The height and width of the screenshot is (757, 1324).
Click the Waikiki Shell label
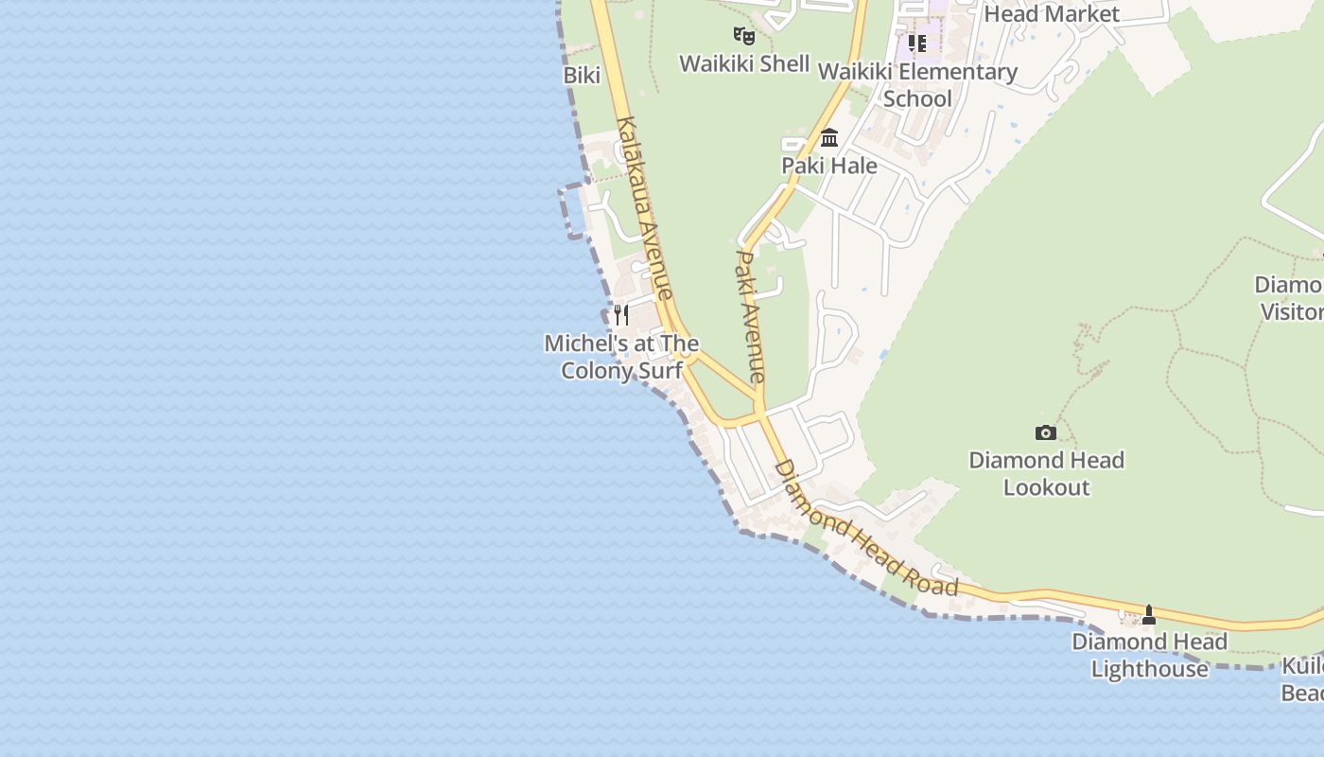744,63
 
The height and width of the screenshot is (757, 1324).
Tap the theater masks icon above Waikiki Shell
744,36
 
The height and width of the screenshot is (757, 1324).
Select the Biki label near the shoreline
582,75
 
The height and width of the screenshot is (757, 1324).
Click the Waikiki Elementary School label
917,85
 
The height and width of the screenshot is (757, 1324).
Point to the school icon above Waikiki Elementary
916,44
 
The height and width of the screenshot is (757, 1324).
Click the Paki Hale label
829,166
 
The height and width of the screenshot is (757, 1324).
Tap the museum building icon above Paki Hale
829,138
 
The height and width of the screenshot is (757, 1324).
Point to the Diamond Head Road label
865,529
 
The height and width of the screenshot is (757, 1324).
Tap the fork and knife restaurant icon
620,314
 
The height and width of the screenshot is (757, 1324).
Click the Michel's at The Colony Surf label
621,357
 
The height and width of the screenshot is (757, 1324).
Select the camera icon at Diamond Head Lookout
1045,432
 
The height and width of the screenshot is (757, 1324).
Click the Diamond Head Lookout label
1046,473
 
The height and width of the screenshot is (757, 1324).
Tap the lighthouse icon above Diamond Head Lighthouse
1149,615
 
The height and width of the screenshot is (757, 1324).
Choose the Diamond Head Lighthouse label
1149,655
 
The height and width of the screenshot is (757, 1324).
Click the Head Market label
1052,13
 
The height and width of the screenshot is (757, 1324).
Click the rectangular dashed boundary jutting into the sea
572,213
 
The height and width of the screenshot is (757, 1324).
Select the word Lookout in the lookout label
1046,487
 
